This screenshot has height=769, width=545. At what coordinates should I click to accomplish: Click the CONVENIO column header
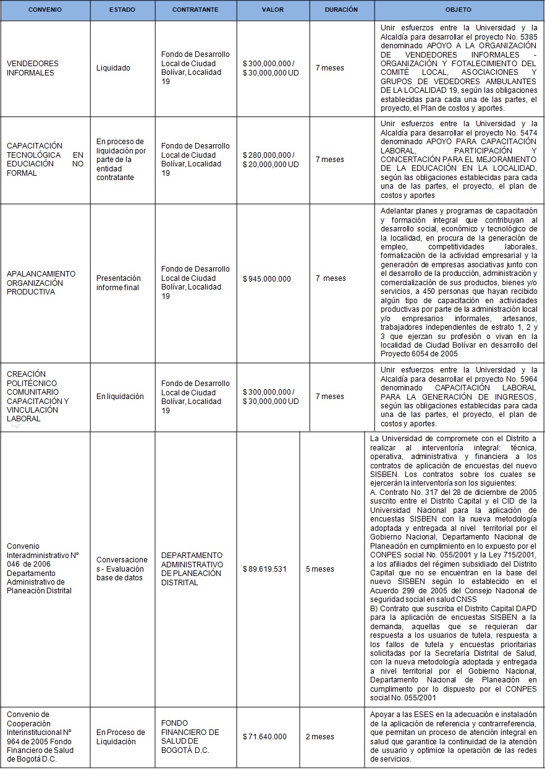coord(45,11)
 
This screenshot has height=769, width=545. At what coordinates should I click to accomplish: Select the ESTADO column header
coord(122,11)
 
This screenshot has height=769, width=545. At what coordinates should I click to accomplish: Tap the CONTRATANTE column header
coord(196,11)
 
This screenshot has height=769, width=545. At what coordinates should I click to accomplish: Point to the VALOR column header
coord(272,11)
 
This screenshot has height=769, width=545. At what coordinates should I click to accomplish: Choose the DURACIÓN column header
coord(341,10)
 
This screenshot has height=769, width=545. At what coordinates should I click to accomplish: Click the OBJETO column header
coord(458,11)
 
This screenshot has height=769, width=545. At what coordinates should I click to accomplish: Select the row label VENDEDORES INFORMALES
coord(33,68)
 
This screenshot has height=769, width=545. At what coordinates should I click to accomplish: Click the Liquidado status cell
coord(113,68)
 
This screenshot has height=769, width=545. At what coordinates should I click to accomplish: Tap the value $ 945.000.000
coord(267,279)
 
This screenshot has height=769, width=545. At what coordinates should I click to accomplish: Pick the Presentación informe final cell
coord(119,283)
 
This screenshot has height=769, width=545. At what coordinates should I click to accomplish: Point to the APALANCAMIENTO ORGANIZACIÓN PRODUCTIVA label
coord(41,283)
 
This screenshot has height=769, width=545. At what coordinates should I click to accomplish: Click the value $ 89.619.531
coord(266,569)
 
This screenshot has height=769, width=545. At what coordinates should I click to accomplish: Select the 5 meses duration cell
coord(320,569)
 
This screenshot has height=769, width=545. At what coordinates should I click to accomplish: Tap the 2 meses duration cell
coord(320,737)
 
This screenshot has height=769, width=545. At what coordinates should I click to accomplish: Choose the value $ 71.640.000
coord(264,737)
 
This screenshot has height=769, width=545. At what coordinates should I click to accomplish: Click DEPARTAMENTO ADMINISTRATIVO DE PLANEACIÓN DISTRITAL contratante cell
coord(192,569)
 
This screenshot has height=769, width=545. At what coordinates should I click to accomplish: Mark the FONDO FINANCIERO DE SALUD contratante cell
coord(190,737)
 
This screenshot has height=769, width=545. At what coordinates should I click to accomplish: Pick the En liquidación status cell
coord(120,397)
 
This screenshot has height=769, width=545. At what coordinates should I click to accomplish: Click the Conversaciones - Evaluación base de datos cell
coord(122,569)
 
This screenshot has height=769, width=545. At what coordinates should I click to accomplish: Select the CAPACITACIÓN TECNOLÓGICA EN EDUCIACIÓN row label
coord(44,160)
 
